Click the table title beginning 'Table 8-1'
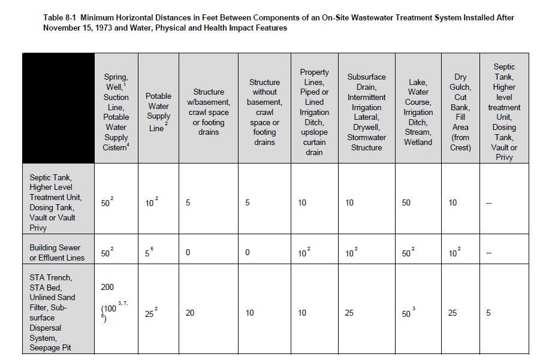pyautogui.click(x=279, y=23)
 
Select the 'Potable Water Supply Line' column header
pyautogui.click(x=158, y=112)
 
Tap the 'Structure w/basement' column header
pyautogui.click(x=209, y=112)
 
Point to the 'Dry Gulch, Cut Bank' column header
pyautogui.click(x=460, y=112)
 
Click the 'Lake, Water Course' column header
pyautogui.click(x=418, y=112)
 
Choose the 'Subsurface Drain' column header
pyautogui.click(x=366, y=112)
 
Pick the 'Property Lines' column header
pyautogui.click(x=314, y=112)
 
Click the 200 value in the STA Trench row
pyautogui.click(x=107, y=288)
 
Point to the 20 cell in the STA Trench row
pyautogui.click(x=190, y=313)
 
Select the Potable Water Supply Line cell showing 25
pyautogui.click(x=151, y=313)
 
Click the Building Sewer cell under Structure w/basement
pyautogui.click(x=188, y=253)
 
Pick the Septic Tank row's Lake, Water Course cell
pyautogui.click(x=406, y=203)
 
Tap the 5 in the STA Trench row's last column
pyautogui.click(x=488, y=313)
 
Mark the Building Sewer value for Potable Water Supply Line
pyautogui.click(x=150, y=253)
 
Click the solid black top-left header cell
pyautogui.click(x=58, y=108)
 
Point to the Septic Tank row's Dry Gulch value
pyautogui.click(x=453, y=203)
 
